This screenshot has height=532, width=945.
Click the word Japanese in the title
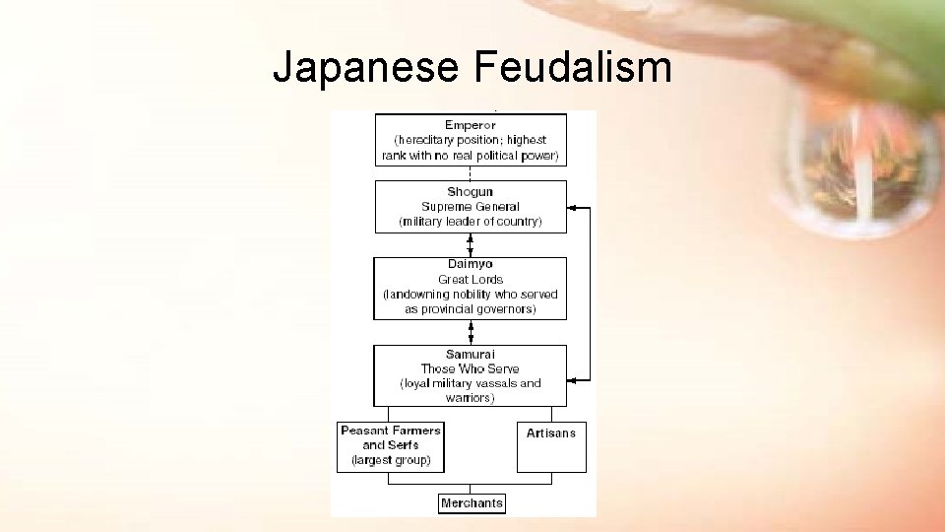coord(366,68)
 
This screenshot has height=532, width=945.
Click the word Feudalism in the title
coord(572,68)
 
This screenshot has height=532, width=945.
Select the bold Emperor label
coord(470,125)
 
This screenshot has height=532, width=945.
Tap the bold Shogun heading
coord(470,192)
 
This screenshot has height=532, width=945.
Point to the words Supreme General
coord(470,207)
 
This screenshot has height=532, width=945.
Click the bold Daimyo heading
coord(470,264)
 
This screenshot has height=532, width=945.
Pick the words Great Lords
coord(470,279)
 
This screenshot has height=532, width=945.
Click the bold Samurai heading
coord(470,355)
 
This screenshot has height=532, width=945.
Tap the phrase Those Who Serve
coord(470,368)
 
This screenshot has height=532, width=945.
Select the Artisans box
coord(551,446)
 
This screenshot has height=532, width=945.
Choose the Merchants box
coord(472,503)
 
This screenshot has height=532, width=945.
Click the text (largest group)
coord(391,460)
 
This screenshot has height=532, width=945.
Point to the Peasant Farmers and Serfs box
coord(391,446)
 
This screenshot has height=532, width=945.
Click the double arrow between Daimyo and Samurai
coord(470,332)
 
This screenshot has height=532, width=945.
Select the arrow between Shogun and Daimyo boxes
coord(470,245)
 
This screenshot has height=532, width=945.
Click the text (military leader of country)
coord(470,222)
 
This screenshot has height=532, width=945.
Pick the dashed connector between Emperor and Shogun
coord(470,173)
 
